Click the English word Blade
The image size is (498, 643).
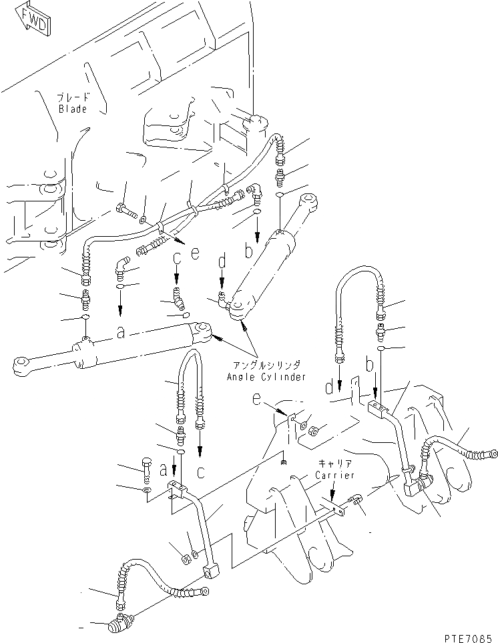tap(72, 109)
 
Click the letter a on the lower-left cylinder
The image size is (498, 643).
tap(120, 334)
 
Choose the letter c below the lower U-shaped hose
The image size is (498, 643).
tap(200, 471)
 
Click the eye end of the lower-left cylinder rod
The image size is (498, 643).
tap(21, 364)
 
